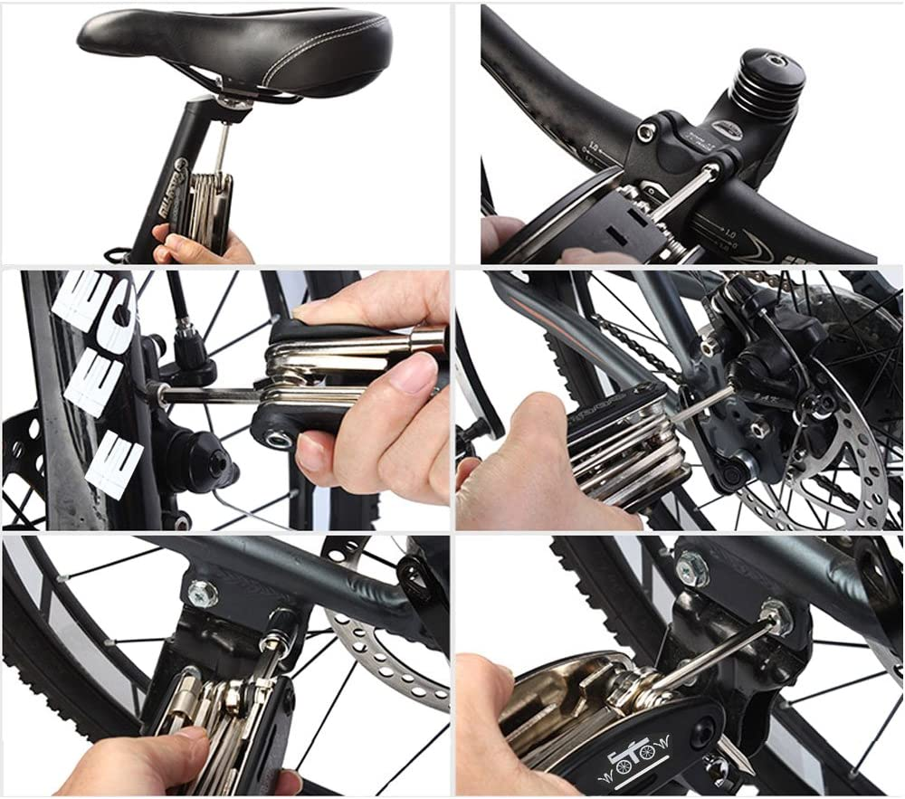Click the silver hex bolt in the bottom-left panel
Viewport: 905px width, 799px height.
click(x=202, y=594)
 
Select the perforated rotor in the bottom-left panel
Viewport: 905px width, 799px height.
click(x=389, y=652)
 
